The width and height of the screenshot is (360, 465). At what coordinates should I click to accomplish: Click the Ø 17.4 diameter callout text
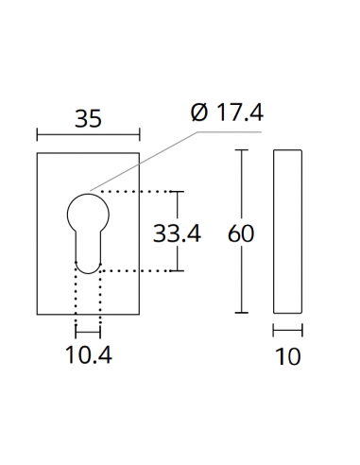click(x=226, y=113)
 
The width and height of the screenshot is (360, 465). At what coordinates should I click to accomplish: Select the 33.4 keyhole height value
click(x=177, y=232)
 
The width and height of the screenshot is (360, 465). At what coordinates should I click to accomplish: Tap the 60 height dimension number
click(x=242, y=232)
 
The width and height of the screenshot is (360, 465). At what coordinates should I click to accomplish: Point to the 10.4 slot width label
click(x=88, y=357)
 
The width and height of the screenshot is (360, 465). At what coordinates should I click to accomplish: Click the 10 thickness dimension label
click(x=288, y=357)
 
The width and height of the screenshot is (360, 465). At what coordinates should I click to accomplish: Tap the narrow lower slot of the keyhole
click(x=87, y=253)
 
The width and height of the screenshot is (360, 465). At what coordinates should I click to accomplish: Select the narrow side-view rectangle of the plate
click(x=288, y=232)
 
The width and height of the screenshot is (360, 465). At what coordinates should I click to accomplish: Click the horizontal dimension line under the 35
click(x=87, y=134)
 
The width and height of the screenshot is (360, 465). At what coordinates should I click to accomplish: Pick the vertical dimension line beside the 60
click(x=243, y=189)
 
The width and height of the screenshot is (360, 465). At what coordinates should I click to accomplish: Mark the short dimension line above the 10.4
click(x=88, y=332)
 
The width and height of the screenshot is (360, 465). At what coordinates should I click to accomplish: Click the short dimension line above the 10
click(x=288, y=331)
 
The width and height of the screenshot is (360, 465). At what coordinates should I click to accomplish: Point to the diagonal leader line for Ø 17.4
click(x=142, y=162)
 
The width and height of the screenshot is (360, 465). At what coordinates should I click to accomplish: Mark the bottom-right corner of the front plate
click(x=138, y=313)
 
